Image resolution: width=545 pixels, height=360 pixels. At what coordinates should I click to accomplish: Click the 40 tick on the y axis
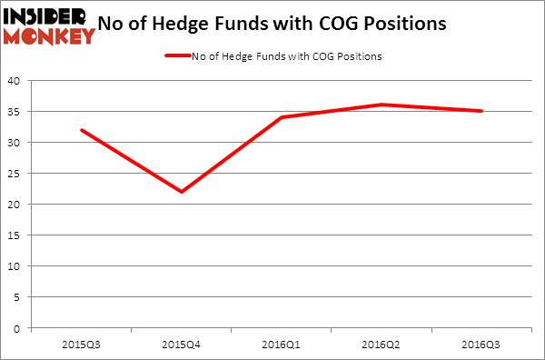click(16, 81)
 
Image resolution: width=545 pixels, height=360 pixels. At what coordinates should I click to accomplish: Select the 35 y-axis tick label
click(16, 112)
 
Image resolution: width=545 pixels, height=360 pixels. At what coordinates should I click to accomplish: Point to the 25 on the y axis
click(16, 174)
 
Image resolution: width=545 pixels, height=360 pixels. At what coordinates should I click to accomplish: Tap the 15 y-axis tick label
click(16, 235)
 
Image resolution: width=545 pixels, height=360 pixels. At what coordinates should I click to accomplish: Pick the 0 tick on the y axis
click(19, 328)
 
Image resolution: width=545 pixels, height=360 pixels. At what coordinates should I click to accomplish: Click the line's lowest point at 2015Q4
click(182, 192)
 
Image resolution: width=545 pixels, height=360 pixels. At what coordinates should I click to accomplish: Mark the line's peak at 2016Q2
click(381, 105)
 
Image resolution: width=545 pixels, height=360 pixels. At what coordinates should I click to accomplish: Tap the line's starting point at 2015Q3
click(82, 130)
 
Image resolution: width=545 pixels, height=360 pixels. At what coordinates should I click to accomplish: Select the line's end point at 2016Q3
click(481, 111)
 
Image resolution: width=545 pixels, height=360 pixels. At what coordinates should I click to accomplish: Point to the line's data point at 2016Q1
click(282, 117)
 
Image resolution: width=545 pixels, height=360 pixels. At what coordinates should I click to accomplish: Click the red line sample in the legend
click(178, 56)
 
